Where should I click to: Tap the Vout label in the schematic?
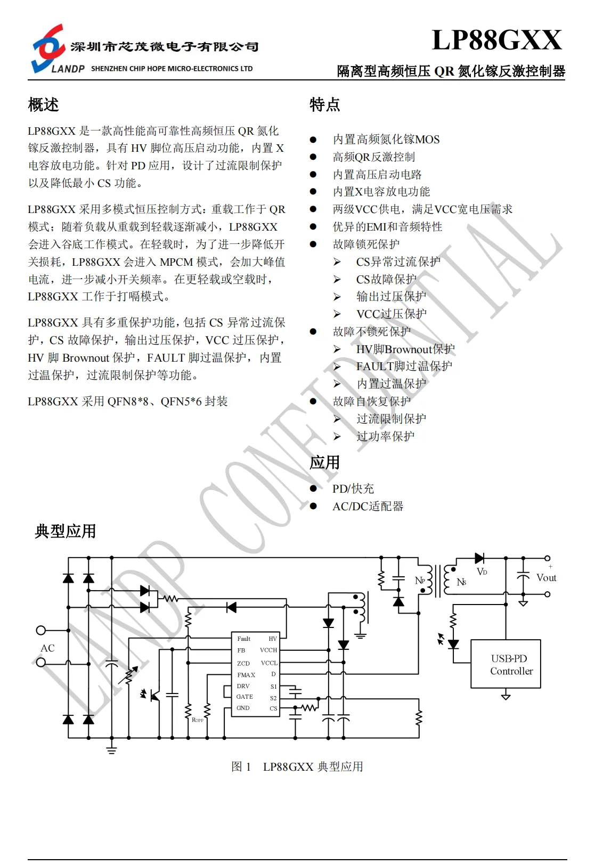point(546,578)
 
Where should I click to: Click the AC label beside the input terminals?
point(47,648)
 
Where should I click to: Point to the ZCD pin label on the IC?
point(243,664)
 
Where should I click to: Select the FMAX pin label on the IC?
point(246,675)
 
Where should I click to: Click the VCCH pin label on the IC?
point(268,650)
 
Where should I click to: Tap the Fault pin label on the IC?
point(243,639)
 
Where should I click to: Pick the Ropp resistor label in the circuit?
point(197,720)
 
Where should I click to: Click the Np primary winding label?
point(420,581)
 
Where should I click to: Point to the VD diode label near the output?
point(482,572)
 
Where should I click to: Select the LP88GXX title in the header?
point(496,40)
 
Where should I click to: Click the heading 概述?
point(43,104)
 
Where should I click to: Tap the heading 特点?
point(324,104)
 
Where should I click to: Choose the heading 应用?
point(324,462)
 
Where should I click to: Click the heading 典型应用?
point(65,531)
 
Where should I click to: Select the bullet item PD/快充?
point(353,489)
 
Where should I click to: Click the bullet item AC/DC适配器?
point(368,507)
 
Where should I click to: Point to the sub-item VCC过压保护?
point(391,314)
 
